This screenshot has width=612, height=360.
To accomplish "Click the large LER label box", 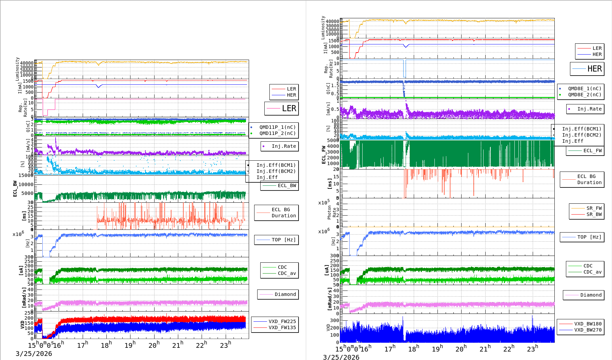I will coord(282,108).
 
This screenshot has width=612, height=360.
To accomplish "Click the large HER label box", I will coord(587,69).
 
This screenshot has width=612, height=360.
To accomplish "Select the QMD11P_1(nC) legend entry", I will coord(277,127).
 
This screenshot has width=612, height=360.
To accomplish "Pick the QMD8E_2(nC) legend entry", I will coord(584,95).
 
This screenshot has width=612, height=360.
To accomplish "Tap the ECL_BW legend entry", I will coord(287,186).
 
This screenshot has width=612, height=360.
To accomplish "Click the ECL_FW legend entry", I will coord(592,151).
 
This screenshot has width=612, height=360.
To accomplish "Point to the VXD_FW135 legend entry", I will coord(282,328).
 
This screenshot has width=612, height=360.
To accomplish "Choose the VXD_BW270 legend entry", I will coord(588,330).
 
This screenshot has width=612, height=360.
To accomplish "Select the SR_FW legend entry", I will coord(594,208).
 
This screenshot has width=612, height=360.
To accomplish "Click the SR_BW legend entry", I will coord(594,215).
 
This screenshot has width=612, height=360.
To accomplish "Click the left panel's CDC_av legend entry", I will coord(287,274).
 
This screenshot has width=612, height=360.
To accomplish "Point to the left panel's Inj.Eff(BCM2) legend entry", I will coord(276,172).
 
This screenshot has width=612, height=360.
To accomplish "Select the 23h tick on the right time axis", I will coord(532,349).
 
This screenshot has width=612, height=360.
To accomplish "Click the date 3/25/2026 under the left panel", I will coord(34,354).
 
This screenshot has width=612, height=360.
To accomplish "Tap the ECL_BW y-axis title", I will coord(15,189).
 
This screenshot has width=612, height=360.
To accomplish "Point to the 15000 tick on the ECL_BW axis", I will coord(26,176).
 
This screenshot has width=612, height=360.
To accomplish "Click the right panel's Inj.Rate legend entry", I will coord(589,109).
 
